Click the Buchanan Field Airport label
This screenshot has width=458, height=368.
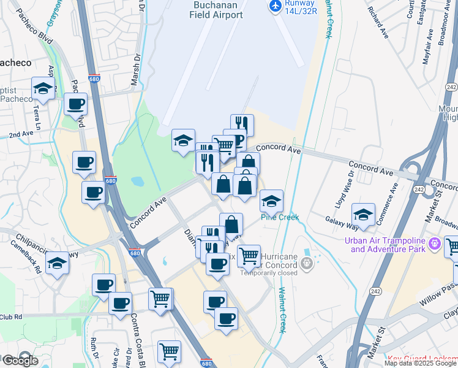pyautogui.click(x=217, y=9)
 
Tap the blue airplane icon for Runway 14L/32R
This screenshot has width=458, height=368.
pyautogui.click(x=276, y=6)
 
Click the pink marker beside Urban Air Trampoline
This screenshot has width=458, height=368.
pyautogui.click(x=435, y=244)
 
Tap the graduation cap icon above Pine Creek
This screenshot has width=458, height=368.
pyautogui.click(x=271, y=201)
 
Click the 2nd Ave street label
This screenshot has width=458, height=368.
pyautogui.click(x=21, y=134)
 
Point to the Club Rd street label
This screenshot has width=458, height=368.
pyautogui.click(x=11, y=317)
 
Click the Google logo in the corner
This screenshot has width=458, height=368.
pyautogui.click(x=20, y=360)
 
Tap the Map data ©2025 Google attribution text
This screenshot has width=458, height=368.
pyautogui.click(x=420, y=363)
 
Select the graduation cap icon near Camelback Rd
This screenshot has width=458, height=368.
pyautogui.click(x=58, y=263)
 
